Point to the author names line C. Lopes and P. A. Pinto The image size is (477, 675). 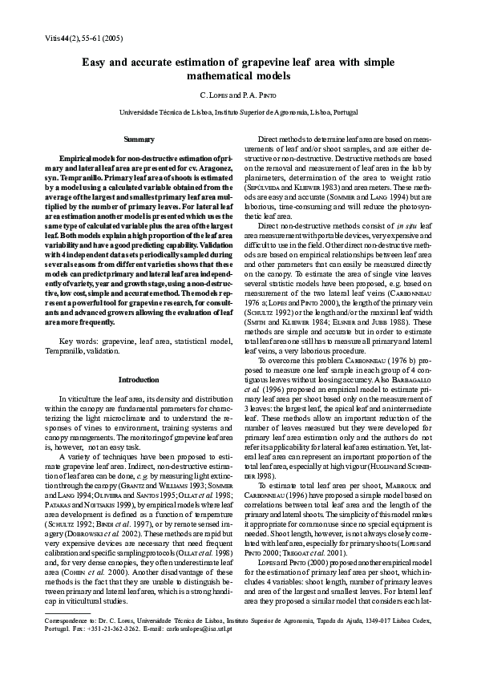238,95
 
